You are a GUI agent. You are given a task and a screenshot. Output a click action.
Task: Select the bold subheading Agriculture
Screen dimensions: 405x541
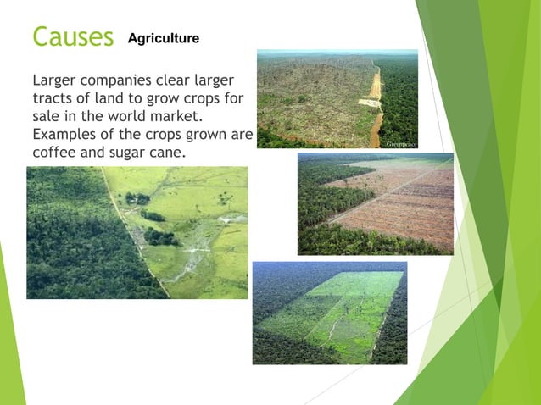pyautogui.click(x=164, y=38)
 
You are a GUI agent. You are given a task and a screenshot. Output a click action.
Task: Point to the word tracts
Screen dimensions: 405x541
pyautogui.click(x=53, y=98)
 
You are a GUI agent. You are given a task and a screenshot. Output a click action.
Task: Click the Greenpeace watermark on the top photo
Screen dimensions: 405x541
pyautogui.click(x=400, y=144)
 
